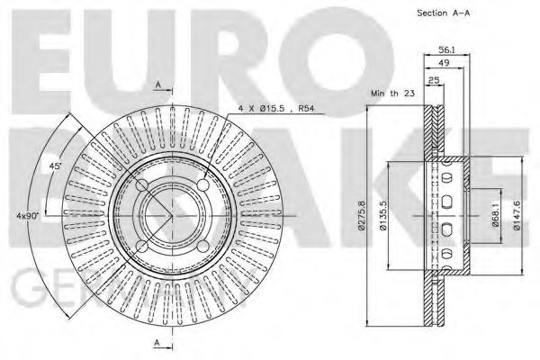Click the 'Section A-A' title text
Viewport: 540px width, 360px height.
(x=445, y=13)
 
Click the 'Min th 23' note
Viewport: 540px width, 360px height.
(x=392, y=94)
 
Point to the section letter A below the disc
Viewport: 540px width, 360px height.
(x=158, y=342)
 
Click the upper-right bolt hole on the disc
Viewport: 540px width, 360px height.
(x=203, y=184)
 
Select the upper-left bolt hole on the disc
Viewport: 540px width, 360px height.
(x=140, y=184)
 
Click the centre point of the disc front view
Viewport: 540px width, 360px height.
(x=172, y=216)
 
